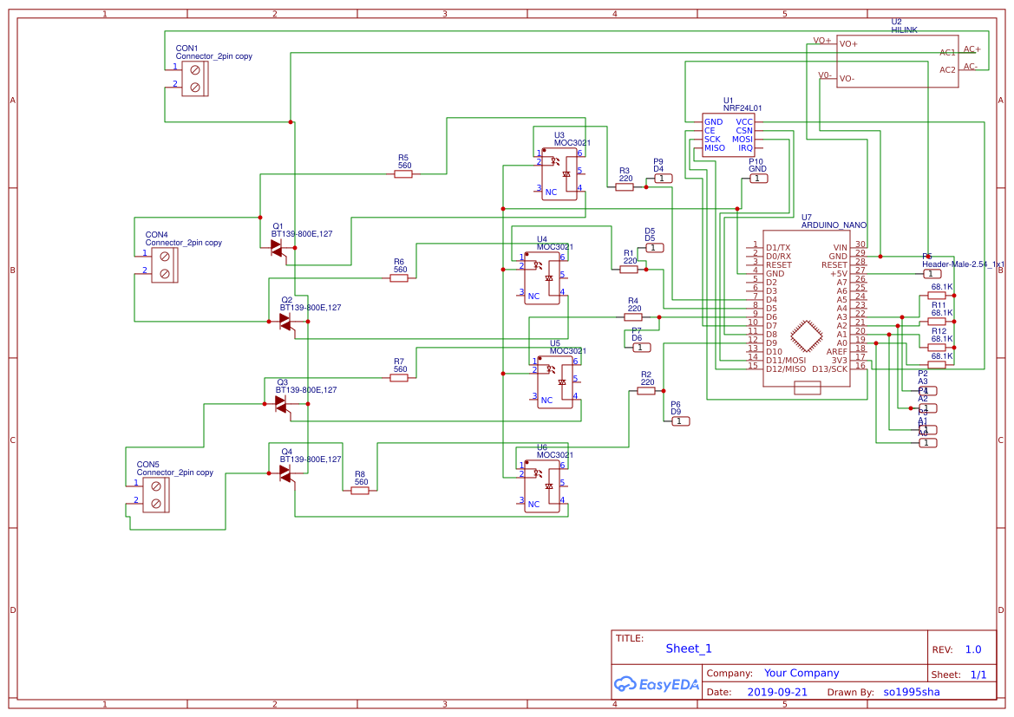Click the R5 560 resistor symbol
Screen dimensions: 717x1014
coord(402,174)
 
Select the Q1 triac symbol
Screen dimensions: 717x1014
coord(278,248)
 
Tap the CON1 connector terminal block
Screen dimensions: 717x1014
coord(194,78)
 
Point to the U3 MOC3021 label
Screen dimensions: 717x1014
coord(572,140)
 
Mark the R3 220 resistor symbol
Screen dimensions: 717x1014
coord(625,187)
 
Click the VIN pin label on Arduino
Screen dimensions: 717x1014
coord(839,247)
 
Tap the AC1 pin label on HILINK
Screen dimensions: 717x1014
coord(947,53)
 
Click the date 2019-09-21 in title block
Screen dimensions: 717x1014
coord(777,693)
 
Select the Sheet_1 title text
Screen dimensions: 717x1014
coord(689,649)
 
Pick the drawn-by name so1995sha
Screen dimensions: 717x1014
coord(911,693)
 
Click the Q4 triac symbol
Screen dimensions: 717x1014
coord(285,473)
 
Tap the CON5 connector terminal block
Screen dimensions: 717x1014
coord(156,495)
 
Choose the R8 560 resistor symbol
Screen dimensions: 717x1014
coord(360,491)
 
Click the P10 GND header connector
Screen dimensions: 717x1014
coord(759,179)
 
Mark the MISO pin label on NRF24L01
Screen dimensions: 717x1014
coord(715,148)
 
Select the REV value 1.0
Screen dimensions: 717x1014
coord(973,649)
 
